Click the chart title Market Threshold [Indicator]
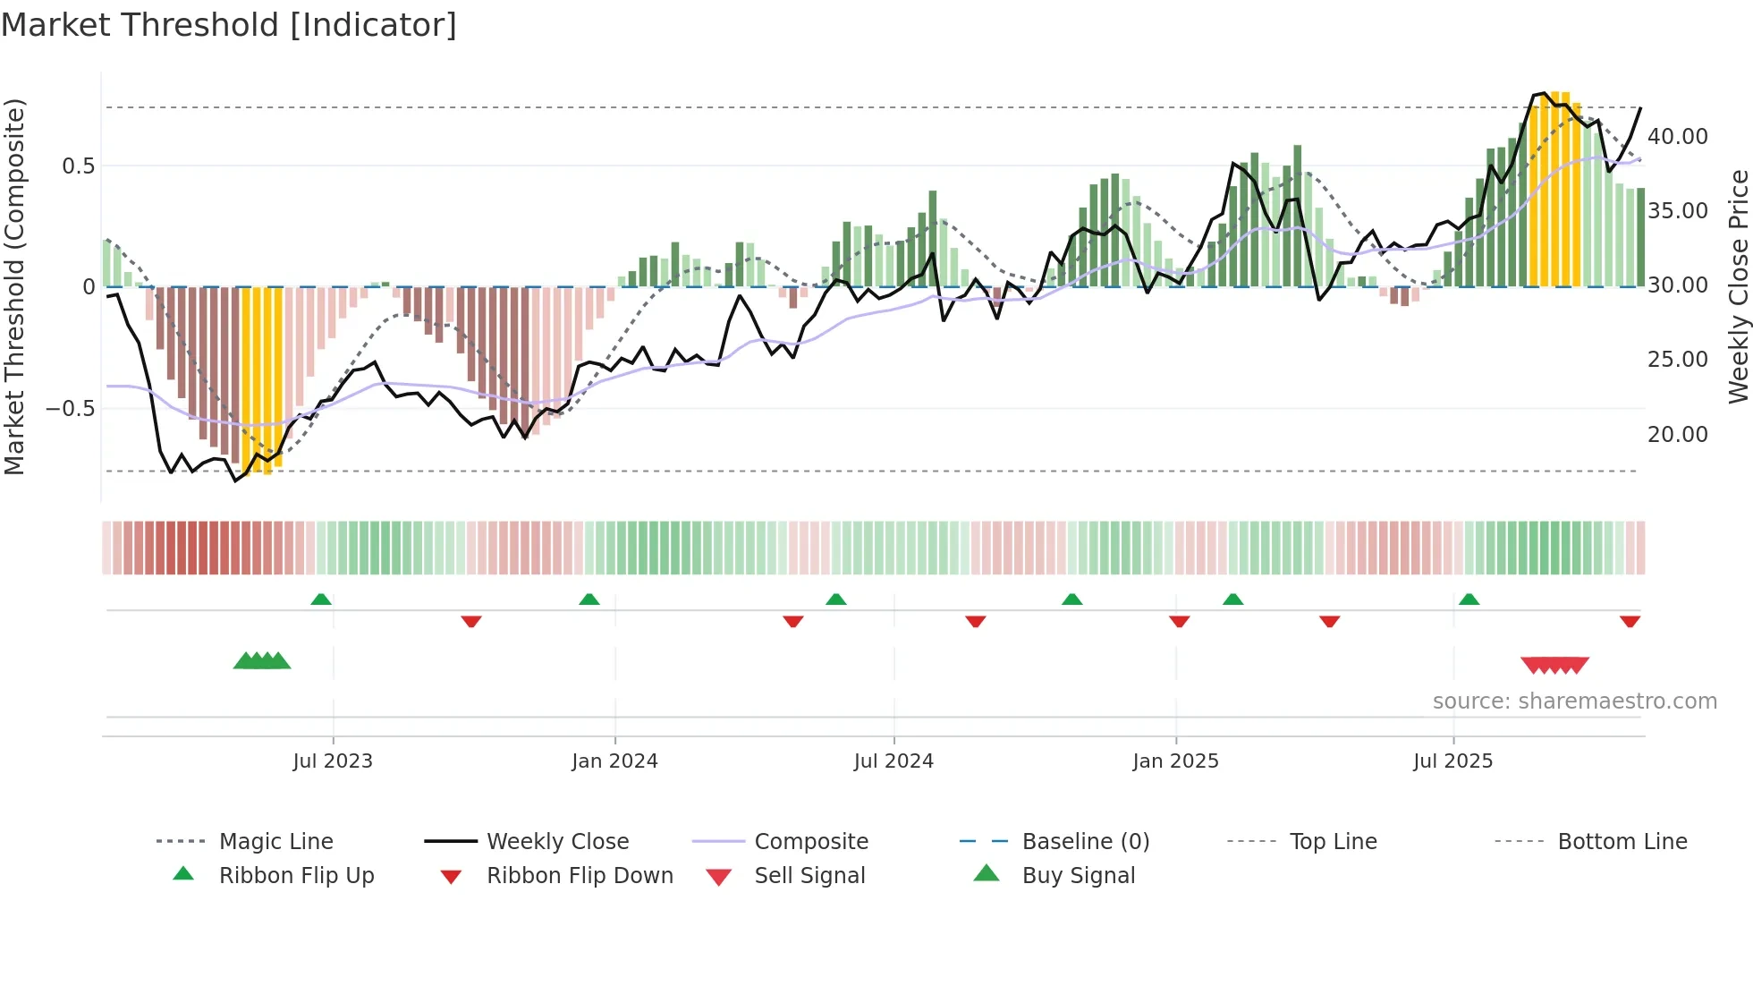[229, 25]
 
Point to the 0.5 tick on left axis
[78, 166]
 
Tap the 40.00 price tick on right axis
[1678, 137]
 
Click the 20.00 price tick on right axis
[1678, 435]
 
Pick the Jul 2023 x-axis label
[333, 761]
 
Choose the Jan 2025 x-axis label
[1175, 761]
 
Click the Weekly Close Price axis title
[1738, 286]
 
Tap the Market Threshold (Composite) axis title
[14, 286]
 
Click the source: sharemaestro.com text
[1574, 701]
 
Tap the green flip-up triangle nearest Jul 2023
[321, 599]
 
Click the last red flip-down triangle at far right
[1630, 621]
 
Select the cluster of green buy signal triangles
[262, 661]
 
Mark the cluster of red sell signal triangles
[1554, 665]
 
